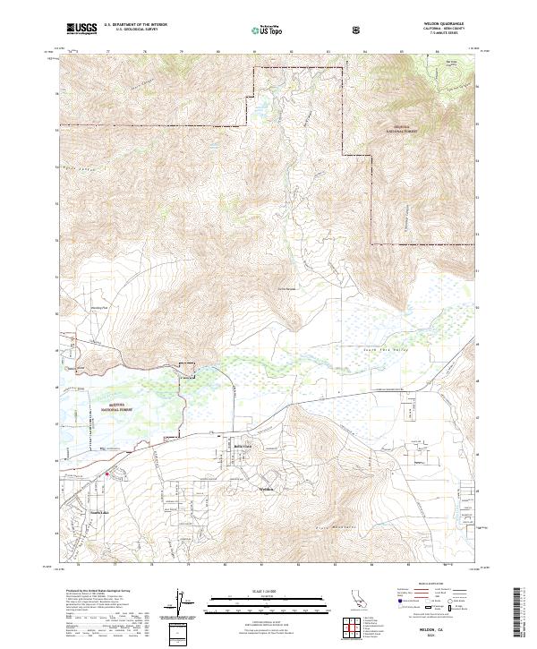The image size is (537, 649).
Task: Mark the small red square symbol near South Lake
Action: tap(107, 474)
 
